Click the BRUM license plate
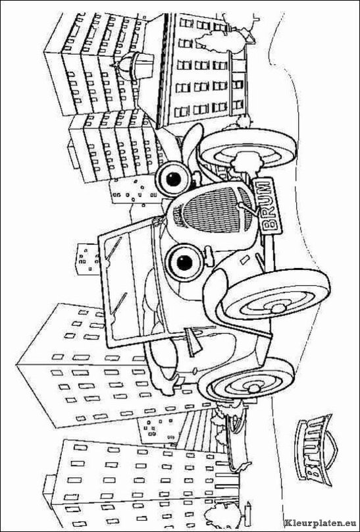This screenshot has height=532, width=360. (267, 206)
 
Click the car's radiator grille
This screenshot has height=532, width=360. (213, 209)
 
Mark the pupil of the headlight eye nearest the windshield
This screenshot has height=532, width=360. (185, 263)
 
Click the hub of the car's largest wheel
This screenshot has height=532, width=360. (278, 308)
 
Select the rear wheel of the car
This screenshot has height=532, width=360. (246, 379)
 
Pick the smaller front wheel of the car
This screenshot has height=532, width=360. (249, 149)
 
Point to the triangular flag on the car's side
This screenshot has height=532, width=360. (193, 343)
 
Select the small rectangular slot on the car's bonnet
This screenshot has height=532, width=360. (244, 260)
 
